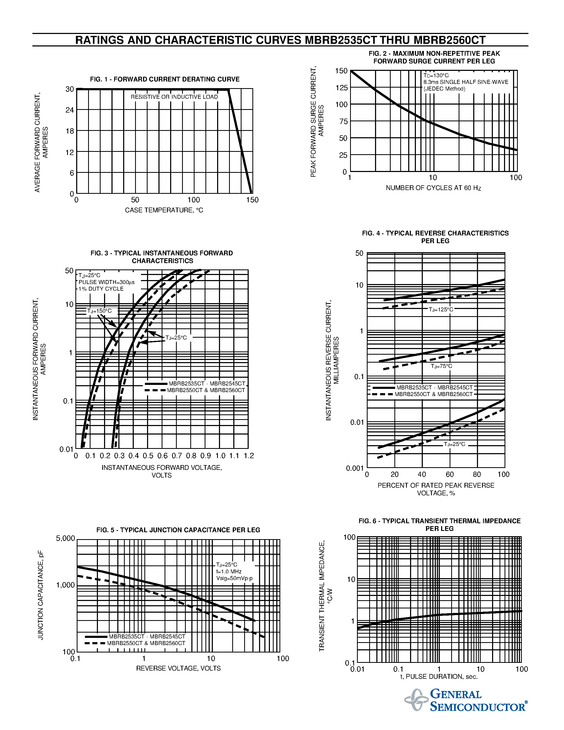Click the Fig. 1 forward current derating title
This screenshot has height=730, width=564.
pos(165,79)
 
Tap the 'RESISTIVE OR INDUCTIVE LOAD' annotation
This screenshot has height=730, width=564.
pos(174,97)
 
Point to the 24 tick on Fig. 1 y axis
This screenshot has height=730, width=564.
pos(70,110)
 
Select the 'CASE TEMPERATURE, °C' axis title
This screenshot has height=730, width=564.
pos(164,210)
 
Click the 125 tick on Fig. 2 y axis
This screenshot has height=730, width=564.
pos(342,88)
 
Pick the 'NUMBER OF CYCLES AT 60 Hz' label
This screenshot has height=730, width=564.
pos(433,188)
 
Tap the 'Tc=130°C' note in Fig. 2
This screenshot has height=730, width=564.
pos(436,76)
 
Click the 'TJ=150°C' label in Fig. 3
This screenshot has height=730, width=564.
pos(99,311)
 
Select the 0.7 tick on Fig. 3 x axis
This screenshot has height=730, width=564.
pos(177,456)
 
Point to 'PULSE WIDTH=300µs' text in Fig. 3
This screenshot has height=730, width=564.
pos(107,282)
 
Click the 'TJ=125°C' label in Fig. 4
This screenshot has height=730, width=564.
pos(441,310)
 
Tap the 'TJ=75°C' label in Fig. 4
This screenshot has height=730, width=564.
pos(441,366)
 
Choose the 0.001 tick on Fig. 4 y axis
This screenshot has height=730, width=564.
pos(355,468)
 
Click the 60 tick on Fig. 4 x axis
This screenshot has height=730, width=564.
pos(450,475)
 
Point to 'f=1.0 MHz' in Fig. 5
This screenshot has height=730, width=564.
pos(229,572)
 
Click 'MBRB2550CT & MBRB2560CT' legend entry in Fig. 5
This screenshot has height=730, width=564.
pos(146,643)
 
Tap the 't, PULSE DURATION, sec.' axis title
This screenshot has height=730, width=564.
pos(439,677)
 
